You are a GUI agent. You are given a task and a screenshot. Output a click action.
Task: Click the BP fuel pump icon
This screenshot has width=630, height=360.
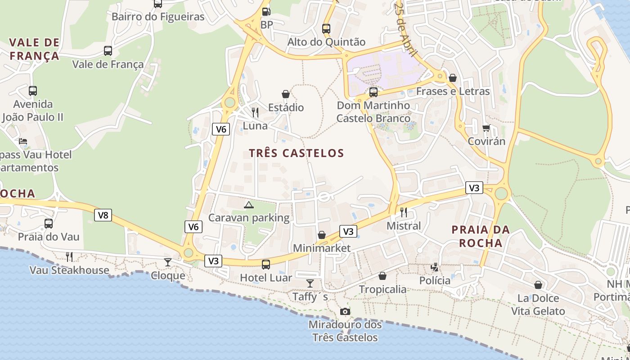click(266, 12)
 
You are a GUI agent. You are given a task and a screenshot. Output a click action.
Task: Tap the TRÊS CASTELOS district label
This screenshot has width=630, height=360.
click(297, 153)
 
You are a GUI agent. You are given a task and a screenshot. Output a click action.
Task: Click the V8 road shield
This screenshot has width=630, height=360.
click(103, 215)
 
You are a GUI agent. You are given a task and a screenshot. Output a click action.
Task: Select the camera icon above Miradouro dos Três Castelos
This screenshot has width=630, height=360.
click(345, 311)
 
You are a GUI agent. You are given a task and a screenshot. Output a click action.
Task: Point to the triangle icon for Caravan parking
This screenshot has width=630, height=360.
click(248, 205)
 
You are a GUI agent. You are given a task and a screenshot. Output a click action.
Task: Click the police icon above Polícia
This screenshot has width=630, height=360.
click(435, 267)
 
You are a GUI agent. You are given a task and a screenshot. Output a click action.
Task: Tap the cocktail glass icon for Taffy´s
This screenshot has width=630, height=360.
click(310, 283)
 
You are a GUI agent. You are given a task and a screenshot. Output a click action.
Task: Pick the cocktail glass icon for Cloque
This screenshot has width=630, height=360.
click(168, 262)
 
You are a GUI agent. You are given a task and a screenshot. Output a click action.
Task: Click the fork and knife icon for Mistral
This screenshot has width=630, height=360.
click(404, 212)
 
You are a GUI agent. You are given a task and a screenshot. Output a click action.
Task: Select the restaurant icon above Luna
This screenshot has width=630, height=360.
click(255, 112)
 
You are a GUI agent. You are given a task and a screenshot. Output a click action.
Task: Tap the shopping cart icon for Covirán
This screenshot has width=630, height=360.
click(486, 128)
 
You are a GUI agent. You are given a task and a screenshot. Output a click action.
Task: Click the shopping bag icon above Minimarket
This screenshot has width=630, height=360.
click(322, 235)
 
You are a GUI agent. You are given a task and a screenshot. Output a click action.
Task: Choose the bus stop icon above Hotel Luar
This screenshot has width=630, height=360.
click(266, 265)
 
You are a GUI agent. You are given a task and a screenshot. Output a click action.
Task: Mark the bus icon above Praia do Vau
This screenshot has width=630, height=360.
click(49, 223)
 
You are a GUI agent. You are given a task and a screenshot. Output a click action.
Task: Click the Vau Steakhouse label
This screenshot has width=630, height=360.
click(69, 270)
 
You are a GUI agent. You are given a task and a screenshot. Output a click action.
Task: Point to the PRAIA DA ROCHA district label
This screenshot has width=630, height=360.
click(481, 236)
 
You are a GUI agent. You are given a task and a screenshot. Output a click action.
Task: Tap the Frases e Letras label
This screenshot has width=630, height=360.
click(453, 91)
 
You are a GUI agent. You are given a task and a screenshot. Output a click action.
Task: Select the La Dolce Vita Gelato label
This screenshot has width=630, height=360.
click(538, 305)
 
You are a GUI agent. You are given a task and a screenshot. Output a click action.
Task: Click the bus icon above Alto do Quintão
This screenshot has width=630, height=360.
click(326, 29)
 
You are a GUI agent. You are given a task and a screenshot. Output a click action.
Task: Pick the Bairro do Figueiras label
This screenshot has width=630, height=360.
click(158, 17)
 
